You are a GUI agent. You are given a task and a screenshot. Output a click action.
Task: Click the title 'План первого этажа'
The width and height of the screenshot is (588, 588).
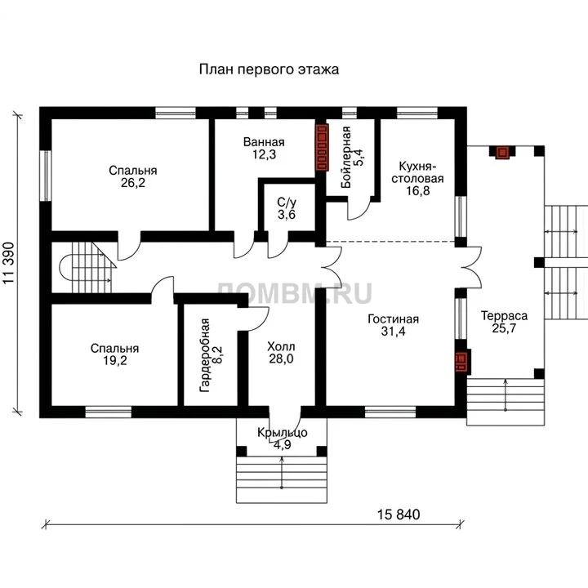click(x=269, y=69)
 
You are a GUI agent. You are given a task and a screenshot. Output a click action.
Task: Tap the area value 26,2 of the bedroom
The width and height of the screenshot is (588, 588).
click(x=133, y=183)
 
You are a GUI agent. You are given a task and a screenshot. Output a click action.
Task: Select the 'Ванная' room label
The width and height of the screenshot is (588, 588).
click(x=264, y=142)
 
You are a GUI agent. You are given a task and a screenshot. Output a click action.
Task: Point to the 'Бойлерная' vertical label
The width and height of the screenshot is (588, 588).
click(x=346, y=158)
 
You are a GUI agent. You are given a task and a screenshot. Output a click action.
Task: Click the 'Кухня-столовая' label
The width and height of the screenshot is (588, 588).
click(x=417, y=172)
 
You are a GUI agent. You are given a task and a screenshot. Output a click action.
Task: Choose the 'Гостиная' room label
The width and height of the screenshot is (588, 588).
click(x=394, y=319)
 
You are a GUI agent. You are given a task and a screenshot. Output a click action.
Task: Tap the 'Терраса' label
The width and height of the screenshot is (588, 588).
click(x=504, y=316)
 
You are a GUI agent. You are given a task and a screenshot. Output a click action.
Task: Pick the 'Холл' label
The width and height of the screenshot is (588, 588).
click(x=281, y=346)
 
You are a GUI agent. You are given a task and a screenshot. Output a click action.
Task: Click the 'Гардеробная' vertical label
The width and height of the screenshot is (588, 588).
click(x=205, y=355)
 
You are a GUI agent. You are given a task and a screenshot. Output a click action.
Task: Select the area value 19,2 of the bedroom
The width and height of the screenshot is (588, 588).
click(x=115, y=361)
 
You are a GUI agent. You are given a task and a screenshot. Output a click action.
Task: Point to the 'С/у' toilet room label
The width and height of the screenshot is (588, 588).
click(x=287, y=203)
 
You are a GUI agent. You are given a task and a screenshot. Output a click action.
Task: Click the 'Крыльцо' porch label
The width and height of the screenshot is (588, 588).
click(x=283, y=433)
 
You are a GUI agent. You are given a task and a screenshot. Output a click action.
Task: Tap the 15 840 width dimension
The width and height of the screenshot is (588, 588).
click(x=399, y=514)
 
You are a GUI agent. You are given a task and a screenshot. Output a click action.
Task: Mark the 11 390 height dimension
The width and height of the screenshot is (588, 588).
click(x=9, y=262)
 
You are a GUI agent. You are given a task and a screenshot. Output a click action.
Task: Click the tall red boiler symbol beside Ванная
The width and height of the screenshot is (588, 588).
click(x=322, y=147)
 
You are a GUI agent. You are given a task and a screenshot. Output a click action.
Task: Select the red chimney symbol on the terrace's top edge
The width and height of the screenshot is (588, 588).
click(x=502, y=153)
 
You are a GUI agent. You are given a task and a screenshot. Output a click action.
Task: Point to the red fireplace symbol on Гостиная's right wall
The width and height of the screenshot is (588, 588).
click(x=463, y=362)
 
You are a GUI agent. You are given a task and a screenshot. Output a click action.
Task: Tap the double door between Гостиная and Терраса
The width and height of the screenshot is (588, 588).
click(x=471, y=267)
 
